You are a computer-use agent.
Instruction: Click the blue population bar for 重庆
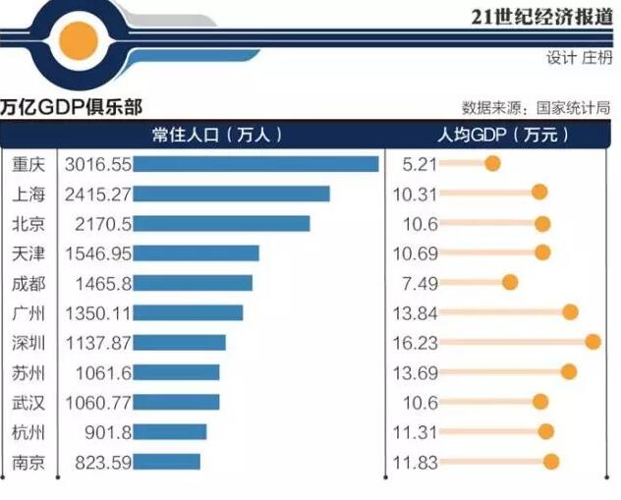tap(255, 164)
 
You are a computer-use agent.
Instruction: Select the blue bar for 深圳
tap(179, 343)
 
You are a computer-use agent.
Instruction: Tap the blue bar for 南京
tap(166, 462)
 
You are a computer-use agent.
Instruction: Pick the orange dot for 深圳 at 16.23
tap(593, 342)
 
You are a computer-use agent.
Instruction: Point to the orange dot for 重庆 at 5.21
tap(492, 163)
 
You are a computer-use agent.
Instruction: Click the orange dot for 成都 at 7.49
tap(510, 283)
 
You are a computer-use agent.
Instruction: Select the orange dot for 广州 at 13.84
tap(570, 312)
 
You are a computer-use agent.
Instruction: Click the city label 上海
tap(28, 194)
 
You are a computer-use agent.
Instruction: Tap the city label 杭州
tap(28, 432)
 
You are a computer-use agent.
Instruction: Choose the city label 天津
tap(28, 253)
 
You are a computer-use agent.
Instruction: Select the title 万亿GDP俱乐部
tap(72, 106)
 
